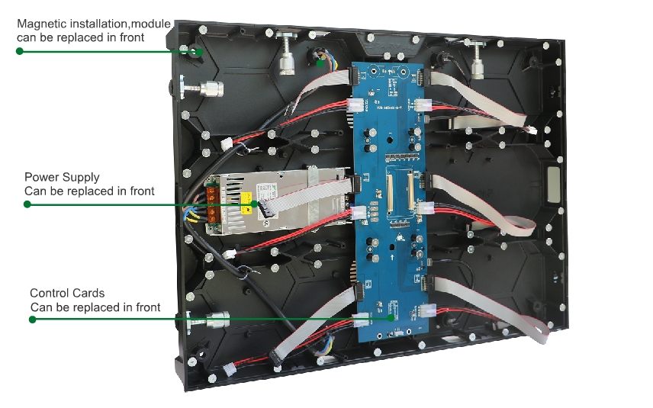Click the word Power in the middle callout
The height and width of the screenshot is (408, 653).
[x=41, y=178]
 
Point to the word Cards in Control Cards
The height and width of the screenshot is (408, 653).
[x=88, y=293]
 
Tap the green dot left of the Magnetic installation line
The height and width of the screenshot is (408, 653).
[x=20, y=51]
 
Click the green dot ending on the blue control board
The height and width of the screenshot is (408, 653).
[x=391, y=316]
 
